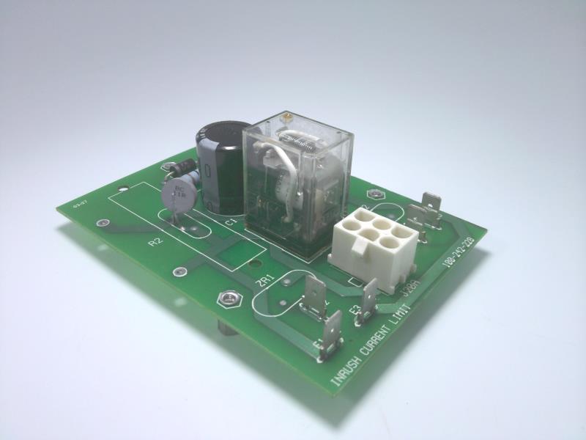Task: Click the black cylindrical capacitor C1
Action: [220, 167]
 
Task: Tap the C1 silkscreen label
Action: [229, 221]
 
